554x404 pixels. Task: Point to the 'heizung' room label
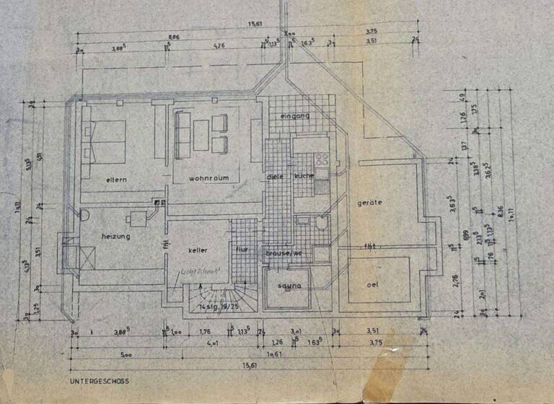[115, 235]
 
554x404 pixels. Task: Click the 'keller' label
[198, 250]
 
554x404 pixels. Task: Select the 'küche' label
[304, 177]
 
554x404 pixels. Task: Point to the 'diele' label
[273, 177]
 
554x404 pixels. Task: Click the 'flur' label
[242, 250]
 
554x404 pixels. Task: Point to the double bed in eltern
[107, 141]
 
